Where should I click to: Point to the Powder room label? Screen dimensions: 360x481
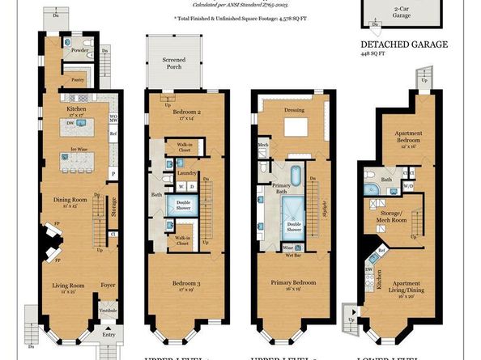pyautogui.click(x=79, y=50)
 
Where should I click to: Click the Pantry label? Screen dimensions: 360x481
pyautogui.click(x=79, y=80)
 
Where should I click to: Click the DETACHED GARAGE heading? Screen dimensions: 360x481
pyautogui.click(x=403, y=44)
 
